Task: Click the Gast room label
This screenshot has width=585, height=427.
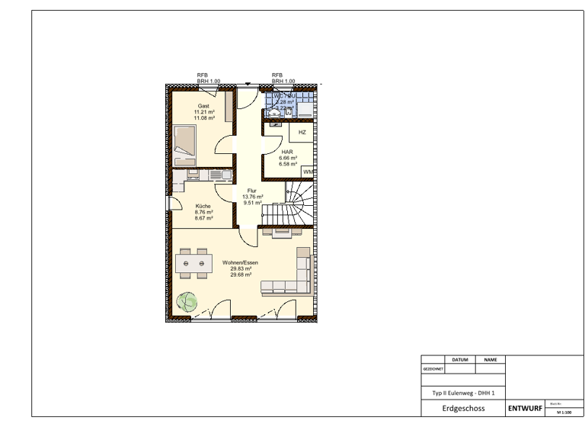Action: point(203,105)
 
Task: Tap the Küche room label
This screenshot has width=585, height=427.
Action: point(203,206)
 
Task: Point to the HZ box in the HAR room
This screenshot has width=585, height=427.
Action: point(302,132)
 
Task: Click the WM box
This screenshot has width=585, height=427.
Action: point(308,172)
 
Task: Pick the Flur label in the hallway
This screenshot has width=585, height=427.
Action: point(252,191)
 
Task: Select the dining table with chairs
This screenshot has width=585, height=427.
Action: point(191,264)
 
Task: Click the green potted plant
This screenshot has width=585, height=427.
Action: point(185,302)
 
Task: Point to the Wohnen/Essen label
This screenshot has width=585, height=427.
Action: point(241,262)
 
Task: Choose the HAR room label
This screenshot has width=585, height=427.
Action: point(287,152)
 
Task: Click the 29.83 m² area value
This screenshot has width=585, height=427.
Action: point(241,268)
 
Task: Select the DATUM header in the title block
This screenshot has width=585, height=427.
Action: point(459,358)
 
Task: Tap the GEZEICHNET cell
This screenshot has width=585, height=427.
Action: point(432,368)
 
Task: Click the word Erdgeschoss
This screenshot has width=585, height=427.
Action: point(463,409)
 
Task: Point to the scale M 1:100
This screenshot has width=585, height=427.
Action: point(564,412)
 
